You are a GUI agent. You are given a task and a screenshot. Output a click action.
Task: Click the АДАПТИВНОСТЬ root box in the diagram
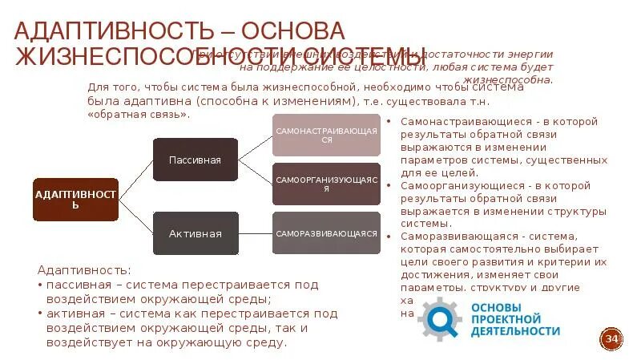point(76,200)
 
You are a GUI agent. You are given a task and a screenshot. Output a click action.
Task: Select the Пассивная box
point(195,160)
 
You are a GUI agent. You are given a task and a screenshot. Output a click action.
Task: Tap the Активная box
point(195,233)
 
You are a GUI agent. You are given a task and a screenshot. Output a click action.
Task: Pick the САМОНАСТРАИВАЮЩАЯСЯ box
point(326,134)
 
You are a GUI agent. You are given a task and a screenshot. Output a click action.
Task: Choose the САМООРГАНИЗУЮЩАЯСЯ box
point(326,184)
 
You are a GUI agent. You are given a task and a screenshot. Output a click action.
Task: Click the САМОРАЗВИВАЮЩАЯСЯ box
point(326,233)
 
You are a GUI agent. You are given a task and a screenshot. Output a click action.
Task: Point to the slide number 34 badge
point(613,340)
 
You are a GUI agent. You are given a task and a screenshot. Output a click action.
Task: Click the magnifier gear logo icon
point(438,318)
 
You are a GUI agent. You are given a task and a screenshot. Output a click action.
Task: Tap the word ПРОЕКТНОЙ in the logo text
point(504,318)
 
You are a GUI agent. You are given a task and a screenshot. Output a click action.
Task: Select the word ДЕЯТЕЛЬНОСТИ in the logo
point(515,330)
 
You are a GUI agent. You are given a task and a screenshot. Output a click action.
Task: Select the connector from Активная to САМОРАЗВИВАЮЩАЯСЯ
point(256,233)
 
